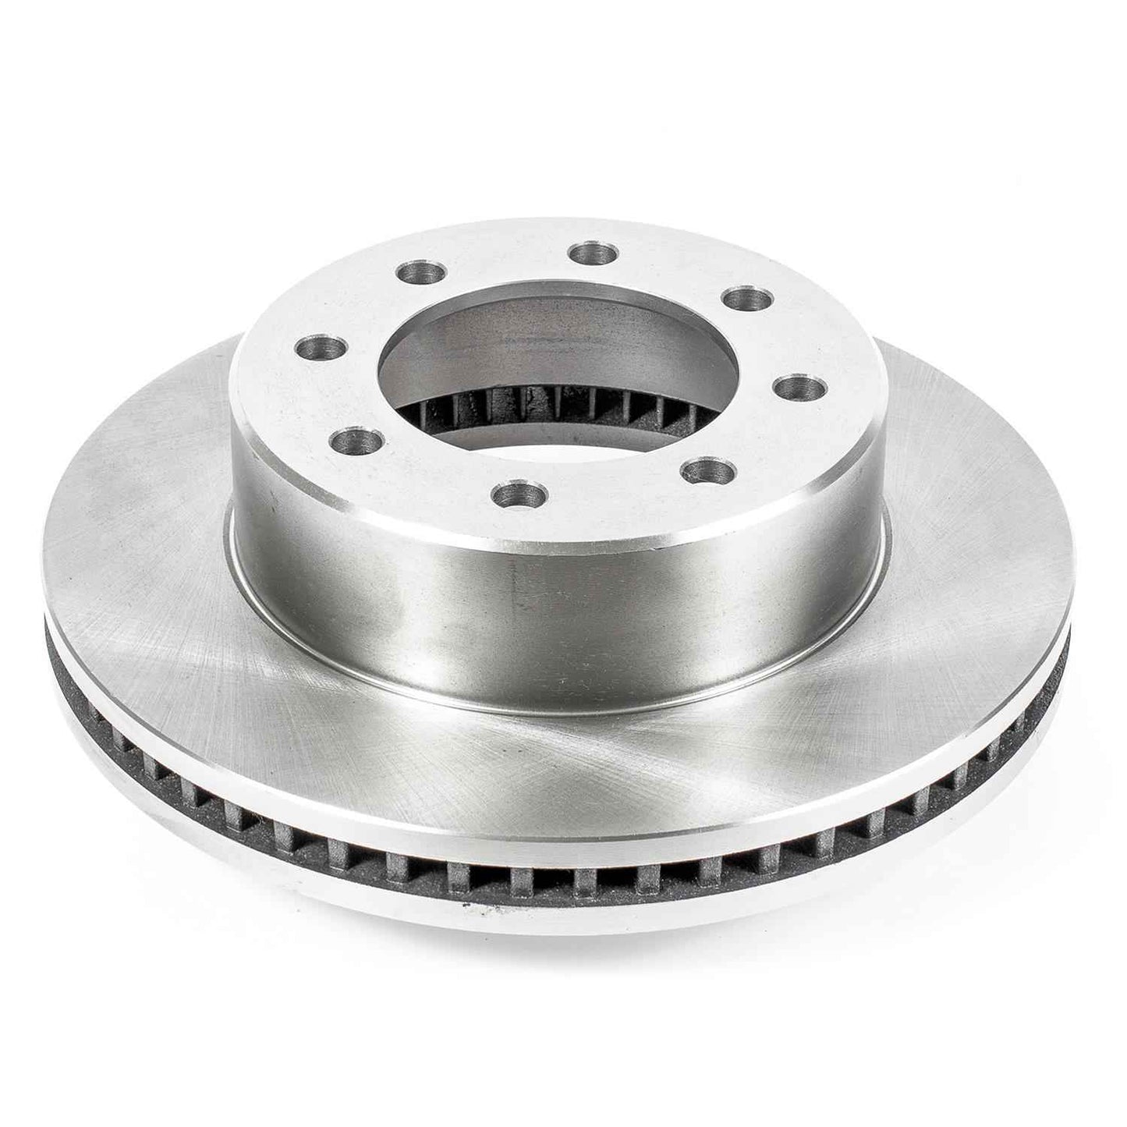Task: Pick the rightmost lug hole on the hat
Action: [800, 387]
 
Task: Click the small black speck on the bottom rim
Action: [466, 907]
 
